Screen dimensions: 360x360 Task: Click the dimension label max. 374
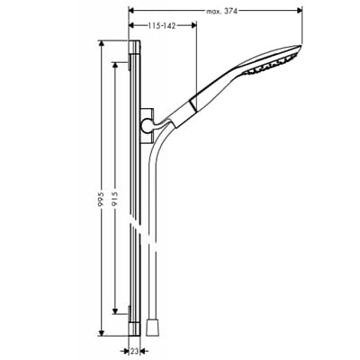222,12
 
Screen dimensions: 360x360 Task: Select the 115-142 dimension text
161,26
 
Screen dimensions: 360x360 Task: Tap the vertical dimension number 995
101,198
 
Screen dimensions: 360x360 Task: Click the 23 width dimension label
135,350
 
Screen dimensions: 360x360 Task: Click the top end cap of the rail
134,47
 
